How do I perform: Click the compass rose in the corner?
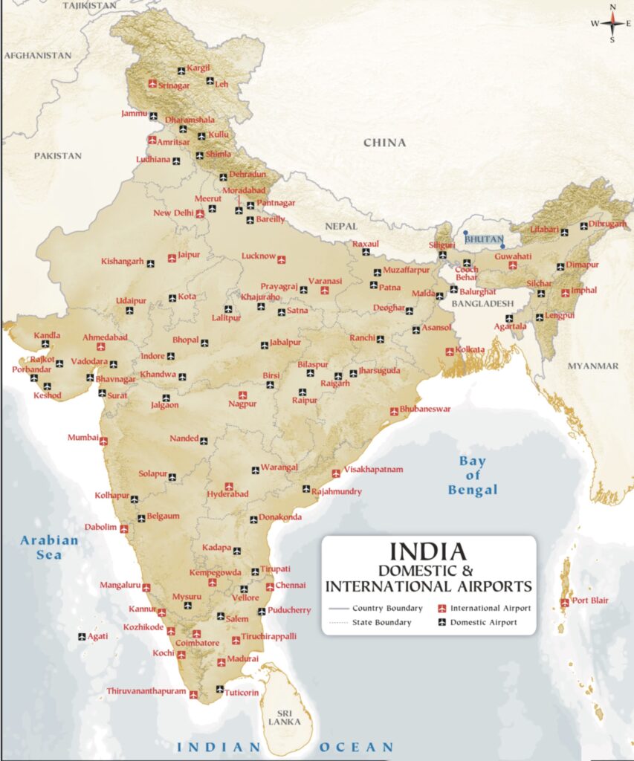[612, 23]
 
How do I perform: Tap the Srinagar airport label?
[175, 85]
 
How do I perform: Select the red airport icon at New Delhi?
[200, 213]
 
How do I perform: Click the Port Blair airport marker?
[565, 603]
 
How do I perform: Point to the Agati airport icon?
[82, 636]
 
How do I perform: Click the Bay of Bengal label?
[473, 476]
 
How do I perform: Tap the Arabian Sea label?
[49, 547]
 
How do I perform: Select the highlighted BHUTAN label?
[484, 239]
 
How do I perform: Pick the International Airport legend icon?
[441, 608]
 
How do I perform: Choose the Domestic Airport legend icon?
[441, 622]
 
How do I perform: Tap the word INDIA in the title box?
[428, 551]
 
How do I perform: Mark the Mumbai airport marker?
[103, 441]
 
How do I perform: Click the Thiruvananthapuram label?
[146, 690]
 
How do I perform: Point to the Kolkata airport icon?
[450, 352]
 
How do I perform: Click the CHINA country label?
[384, 143]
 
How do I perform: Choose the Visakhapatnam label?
[373, 470]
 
